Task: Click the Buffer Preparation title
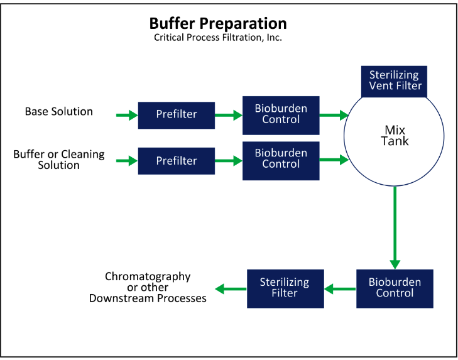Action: coord(218,24)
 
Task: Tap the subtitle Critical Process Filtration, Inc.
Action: coord(218,38)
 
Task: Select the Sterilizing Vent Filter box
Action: coord(394,81)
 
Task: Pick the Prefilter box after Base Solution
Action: coord(177,115)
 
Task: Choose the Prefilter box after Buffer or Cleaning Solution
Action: coord(177,161)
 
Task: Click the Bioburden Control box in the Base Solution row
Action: coord(281,116)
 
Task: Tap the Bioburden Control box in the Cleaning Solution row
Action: coord(281,161)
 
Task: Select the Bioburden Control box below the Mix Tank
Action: coord(395,289)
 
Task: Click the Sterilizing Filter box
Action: coord(285,289)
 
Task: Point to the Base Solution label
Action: coord(58,111)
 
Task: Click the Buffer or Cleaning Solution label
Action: coord(58,160)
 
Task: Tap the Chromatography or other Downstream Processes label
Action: coord(148,288)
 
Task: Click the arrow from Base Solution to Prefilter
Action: coord(127,115)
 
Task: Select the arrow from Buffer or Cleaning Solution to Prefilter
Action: coord(127,161)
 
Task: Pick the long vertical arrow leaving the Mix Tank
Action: coord(395,227)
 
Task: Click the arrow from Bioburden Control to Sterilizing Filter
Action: coord(340,289)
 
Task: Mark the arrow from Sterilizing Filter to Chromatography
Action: coord(231,289)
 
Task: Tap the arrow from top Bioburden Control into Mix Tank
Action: coord(334,115)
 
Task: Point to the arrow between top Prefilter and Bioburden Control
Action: coord(229,115)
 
